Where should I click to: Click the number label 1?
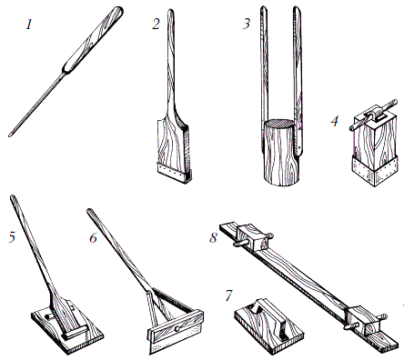coord(29,25)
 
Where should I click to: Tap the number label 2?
coord(156,25)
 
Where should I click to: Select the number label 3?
coord(246,24)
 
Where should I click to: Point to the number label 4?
coord(335,121)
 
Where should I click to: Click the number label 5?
coord(12,236)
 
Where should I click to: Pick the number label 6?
coord(93,238)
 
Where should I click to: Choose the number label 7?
coord(229,295)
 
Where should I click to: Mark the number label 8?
coord(214,237)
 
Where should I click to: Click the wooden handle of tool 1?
coord(93,39)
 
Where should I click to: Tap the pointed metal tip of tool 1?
coord(11,135)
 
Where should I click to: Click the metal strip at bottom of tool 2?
coord(173,171)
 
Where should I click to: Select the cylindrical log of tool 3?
coord(281,152)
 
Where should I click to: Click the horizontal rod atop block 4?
coord(374,115)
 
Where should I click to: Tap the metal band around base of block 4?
coord(375,171)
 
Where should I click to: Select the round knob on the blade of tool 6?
coord(177,329)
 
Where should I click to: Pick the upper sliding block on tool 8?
coord(253,237)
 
